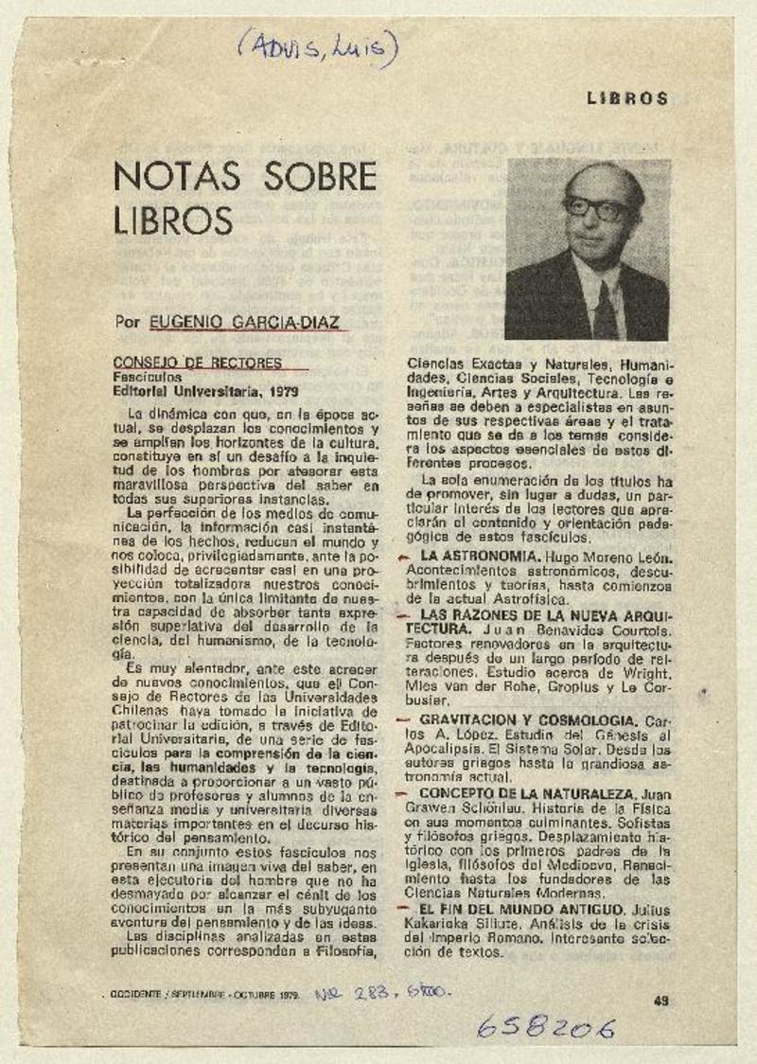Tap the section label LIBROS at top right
627,98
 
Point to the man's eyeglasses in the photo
595,206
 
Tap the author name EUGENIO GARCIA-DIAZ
249,322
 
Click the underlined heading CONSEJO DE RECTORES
197,363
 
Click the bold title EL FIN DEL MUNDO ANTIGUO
521,908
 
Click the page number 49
660,999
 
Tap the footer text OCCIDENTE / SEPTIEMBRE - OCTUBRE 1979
202,995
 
